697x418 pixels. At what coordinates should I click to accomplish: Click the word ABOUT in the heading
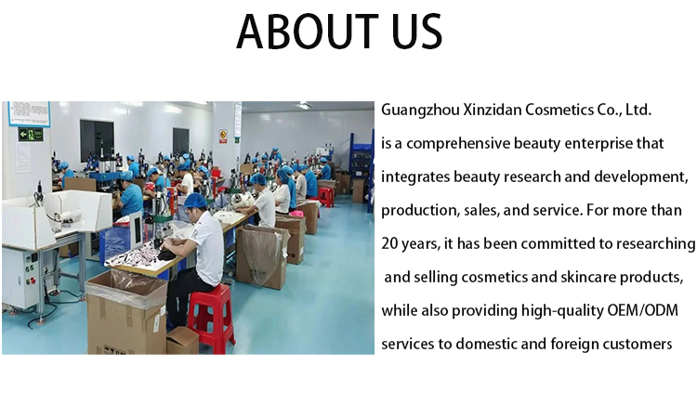click(x=307, y=32)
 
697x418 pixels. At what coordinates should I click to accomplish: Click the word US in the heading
click(x=416, y=32)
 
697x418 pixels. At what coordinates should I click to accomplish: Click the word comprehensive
click(x=458, y=144)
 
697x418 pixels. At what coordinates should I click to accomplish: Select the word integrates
click(x=415, y=176)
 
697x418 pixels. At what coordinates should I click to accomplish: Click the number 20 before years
click(x=389, y=244)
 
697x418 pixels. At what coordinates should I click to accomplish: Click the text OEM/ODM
click(x=643, y=310)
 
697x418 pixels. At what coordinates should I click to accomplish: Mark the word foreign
click(x=575, y=345)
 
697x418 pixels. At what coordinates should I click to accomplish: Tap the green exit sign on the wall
click(x=31, y=134)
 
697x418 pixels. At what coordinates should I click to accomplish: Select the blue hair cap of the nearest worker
click(x=195, y=201)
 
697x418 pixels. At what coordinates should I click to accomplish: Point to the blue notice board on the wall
click(x=29, y=113)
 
